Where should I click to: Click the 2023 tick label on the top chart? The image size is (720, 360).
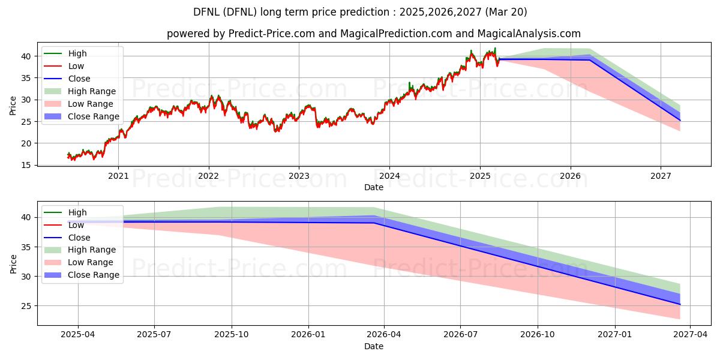[x=299, y=176]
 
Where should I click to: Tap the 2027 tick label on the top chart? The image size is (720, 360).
[x=661, y=176]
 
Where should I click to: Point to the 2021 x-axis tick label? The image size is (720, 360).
[x=118, y=176]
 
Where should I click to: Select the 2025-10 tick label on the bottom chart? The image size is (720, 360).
[x=232, y=335]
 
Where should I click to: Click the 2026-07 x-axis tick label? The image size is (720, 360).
[x=460, y=335]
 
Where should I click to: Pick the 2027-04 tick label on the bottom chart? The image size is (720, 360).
[x=690, y=335]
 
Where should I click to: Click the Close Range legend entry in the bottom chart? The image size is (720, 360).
[x=94, y=275]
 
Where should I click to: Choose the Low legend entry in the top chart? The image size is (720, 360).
[x=76, y=66]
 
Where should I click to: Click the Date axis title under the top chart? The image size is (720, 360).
[x=373, y=187]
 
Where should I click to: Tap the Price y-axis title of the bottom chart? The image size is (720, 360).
[x=13, y=263]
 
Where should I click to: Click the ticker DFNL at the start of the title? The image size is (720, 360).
[x=206, y=12]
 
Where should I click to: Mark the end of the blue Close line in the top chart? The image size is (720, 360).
[x=680, y=121]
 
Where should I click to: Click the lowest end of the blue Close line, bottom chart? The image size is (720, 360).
[x=680, y=304]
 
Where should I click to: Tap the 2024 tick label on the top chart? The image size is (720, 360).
[x=389, y=176]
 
